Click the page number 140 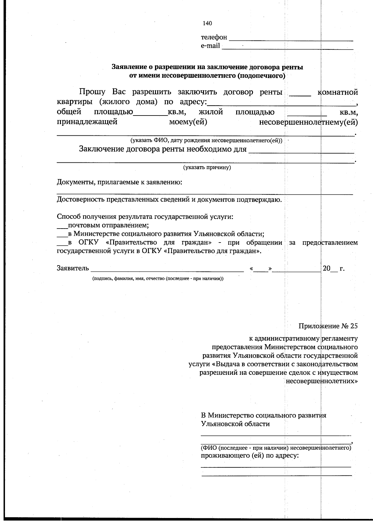point(207,23)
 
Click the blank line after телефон point(291,39)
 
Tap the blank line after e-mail point(288,48)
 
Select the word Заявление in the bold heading point(128,67)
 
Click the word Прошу point(92,92)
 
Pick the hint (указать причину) point(207,168)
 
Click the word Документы point(73,182)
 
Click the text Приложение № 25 point(328,326)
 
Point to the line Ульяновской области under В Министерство point(235,424)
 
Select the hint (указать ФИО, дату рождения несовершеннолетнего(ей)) point(206,140)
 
